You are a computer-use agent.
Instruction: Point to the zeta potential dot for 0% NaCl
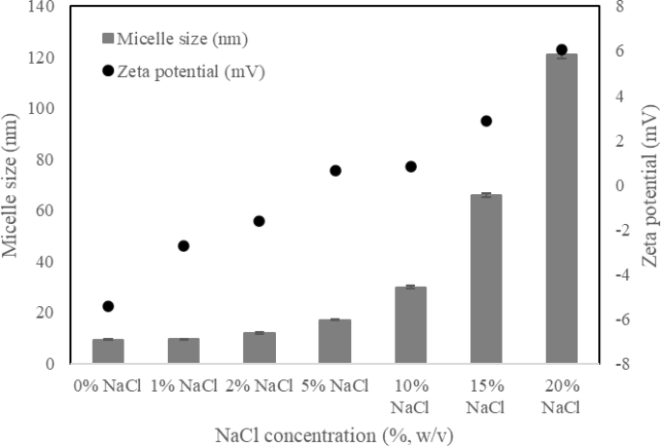coord(108,306)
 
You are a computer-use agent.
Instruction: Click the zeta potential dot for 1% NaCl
coord(183,246)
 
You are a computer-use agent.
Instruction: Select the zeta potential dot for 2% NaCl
coord(259,221)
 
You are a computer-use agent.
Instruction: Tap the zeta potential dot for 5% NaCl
coord(335,171)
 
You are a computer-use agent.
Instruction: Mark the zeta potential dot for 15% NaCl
coord(485,121)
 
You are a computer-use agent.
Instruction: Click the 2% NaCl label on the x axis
coord(259,387)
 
